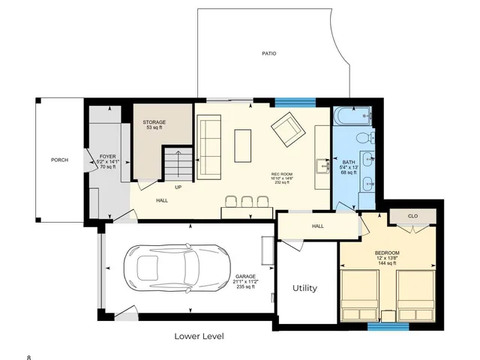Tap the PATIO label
pyautogui.click(x=268, y=54)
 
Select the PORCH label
pyautogui.click(x=59, y=160)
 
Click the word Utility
pyautogui.click(x=304, y=288)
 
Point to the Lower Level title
pyautogui.click(x=199, y=336)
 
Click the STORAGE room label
pyautogui.click(x=156, y=122)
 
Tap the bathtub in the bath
pyautogui.click(x=352, y=116)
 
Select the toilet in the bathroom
pyautogui.click(x=363, y=137)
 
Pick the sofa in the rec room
pyautogui.click(x=209, y=148)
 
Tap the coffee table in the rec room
pyautogui.click(x=243, y=145)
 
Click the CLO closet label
pyautogui.click(x=412, y=216)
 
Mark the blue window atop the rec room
pyautogui.click(x=296, y=102)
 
